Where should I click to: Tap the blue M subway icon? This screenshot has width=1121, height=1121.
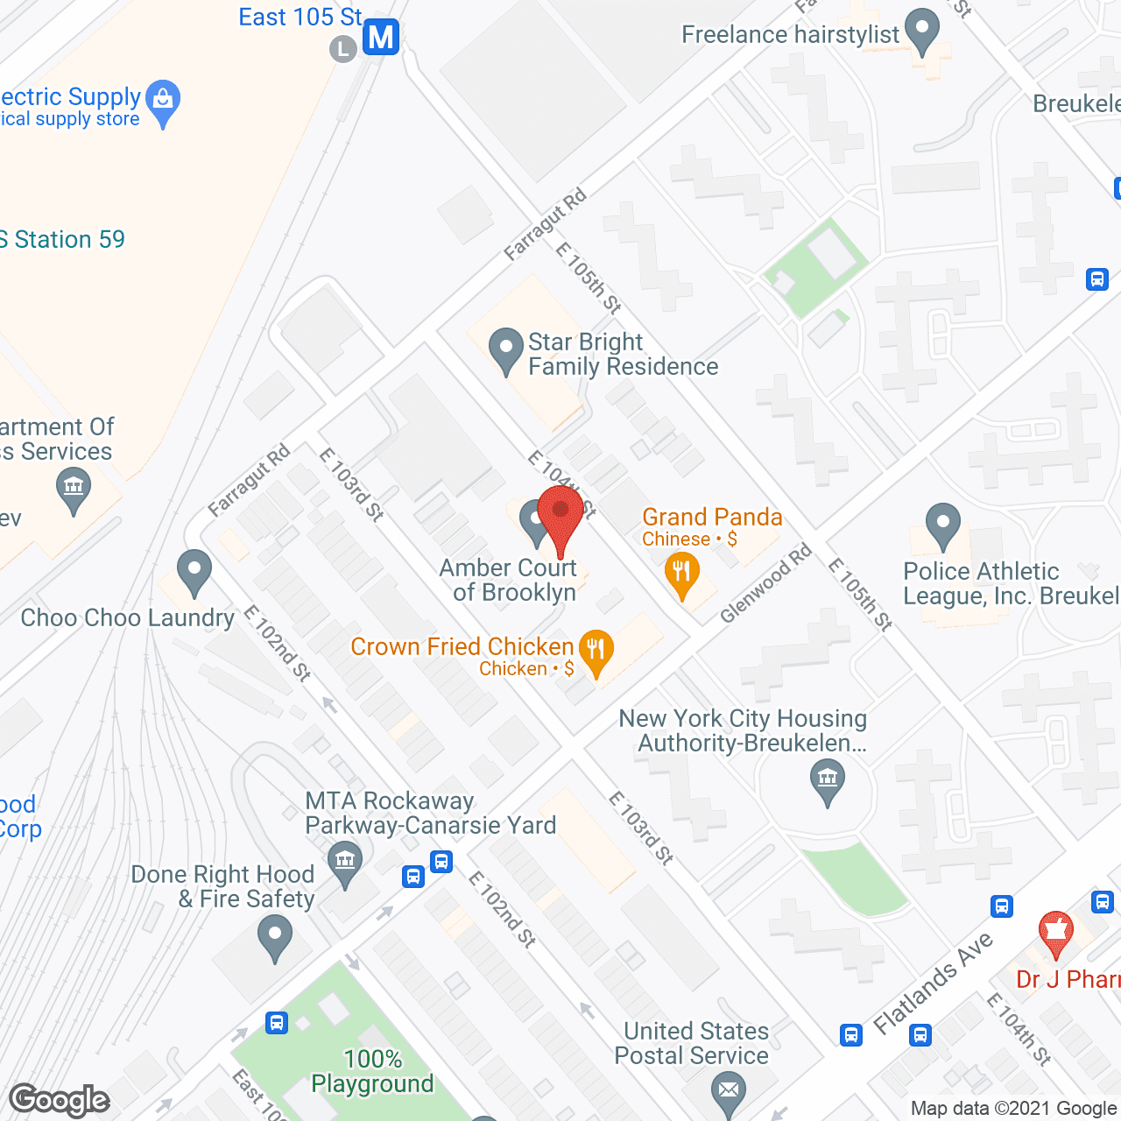(381, 38)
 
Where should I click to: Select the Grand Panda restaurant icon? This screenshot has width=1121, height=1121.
(681, 575)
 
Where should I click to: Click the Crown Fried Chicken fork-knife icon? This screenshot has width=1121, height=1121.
(596, 652)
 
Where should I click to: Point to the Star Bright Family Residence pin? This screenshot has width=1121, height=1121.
(505, 349)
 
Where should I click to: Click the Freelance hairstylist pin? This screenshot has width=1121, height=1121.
(921, 31)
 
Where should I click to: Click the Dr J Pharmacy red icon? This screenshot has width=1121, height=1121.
(1055, 934)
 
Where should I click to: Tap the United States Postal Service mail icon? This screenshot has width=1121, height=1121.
(729, 1091)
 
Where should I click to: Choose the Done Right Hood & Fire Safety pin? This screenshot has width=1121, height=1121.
(275, 936)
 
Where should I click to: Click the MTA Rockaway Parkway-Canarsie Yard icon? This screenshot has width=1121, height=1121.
(345, 862)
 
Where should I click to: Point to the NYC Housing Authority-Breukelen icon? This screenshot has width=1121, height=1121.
(827, 780)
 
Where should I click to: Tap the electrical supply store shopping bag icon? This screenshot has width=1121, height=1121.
(163, 102)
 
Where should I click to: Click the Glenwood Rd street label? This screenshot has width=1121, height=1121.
(765, 584)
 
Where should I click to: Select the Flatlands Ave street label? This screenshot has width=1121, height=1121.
(934, 982)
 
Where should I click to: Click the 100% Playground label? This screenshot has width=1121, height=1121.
(373, 1071)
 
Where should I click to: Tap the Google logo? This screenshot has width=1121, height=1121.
(60, 1100)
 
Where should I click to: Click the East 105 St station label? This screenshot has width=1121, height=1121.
(300, 18)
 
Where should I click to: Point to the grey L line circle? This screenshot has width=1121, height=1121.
(342, 49)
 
